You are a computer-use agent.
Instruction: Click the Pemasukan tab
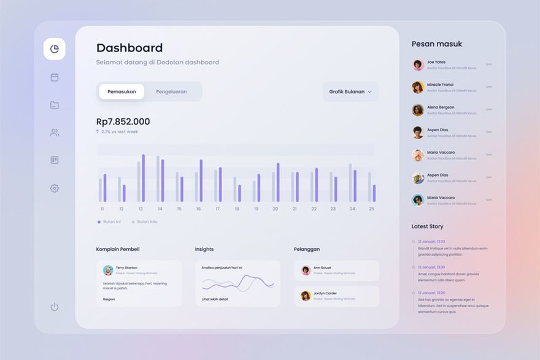(121, 92)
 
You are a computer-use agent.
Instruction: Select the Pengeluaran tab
(171, 92)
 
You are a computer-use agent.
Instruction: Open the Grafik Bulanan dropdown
(350, 92)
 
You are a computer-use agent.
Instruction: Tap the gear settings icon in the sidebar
(55, 188)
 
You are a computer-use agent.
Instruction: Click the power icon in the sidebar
(55, 307)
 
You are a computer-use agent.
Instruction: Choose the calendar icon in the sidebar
(55, 77)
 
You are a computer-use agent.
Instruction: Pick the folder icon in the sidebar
(55, 105)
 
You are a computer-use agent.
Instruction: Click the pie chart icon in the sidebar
(55, 49)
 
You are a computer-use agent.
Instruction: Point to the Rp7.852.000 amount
(123, 121)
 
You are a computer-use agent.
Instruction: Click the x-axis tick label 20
(275, 209)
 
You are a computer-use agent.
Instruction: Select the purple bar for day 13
(143, 178)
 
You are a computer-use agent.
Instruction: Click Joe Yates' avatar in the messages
(418, 65)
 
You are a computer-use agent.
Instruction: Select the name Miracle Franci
(440, 85)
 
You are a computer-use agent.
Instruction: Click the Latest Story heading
(427, 226)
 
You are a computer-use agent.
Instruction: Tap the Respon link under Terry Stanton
(109, 299)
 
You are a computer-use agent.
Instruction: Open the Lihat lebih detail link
(215, 299)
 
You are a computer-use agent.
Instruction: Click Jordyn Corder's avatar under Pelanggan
(306, 296)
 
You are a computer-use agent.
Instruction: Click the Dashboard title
(129, 48)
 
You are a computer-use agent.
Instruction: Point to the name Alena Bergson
(441, 107)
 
